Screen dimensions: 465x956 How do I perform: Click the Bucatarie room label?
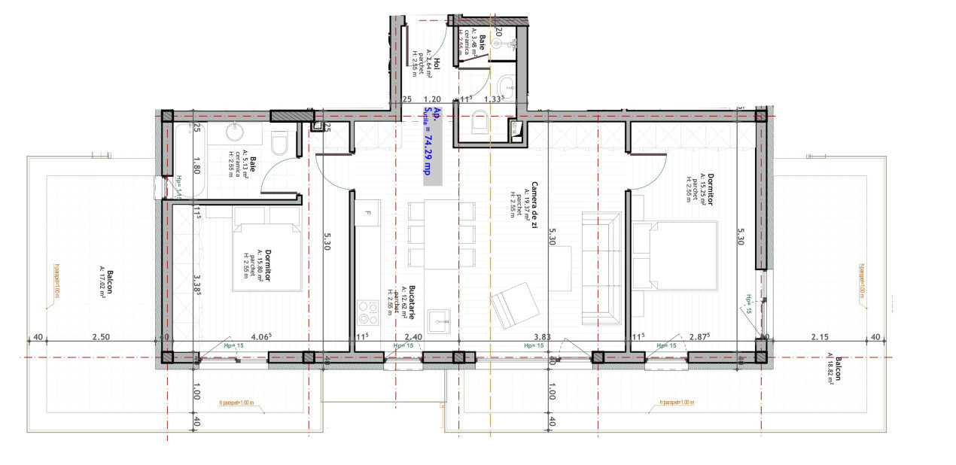pyautogui.click(x=412, y=301)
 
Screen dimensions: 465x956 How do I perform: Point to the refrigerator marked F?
pyautogui.click(x=367, y=213)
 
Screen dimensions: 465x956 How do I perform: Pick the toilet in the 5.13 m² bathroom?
pyautogui.click(x=279, y=142)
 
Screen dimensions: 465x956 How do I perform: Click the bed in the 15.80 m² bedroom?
pyautogui.click(x=263, y=256)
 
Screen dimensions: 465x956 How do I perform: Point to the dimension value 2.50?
pyautogui.click(x=100, y=337)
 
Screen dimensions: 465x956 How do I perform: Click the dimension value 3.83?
pyautogui.click(x=543, y=337)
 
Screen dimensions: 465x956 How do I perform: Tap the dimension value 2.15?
pyautogui.click(x=820, y=337)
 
